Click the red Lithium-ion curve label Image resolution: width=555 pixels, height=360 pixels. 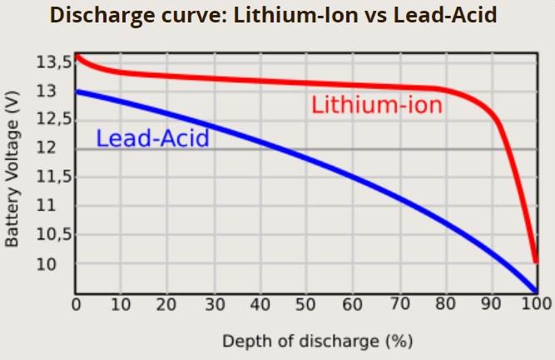376,106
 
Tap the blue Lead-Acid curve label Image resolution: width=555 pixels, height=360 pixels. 152,138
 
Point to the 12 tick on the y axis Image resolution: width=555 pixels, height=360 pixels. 53,148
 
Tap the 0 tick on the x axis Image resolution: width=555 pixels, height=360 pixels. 76,304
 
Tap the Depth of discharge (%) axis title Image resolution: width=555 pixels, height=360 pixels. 317,341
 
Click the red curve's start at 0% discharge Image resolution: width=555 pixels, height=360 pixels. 77,57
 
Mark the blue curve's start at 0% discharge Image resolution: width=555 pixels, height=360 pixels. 77,91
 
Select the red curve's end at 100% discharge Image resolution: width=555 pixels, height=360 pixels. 535,261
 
